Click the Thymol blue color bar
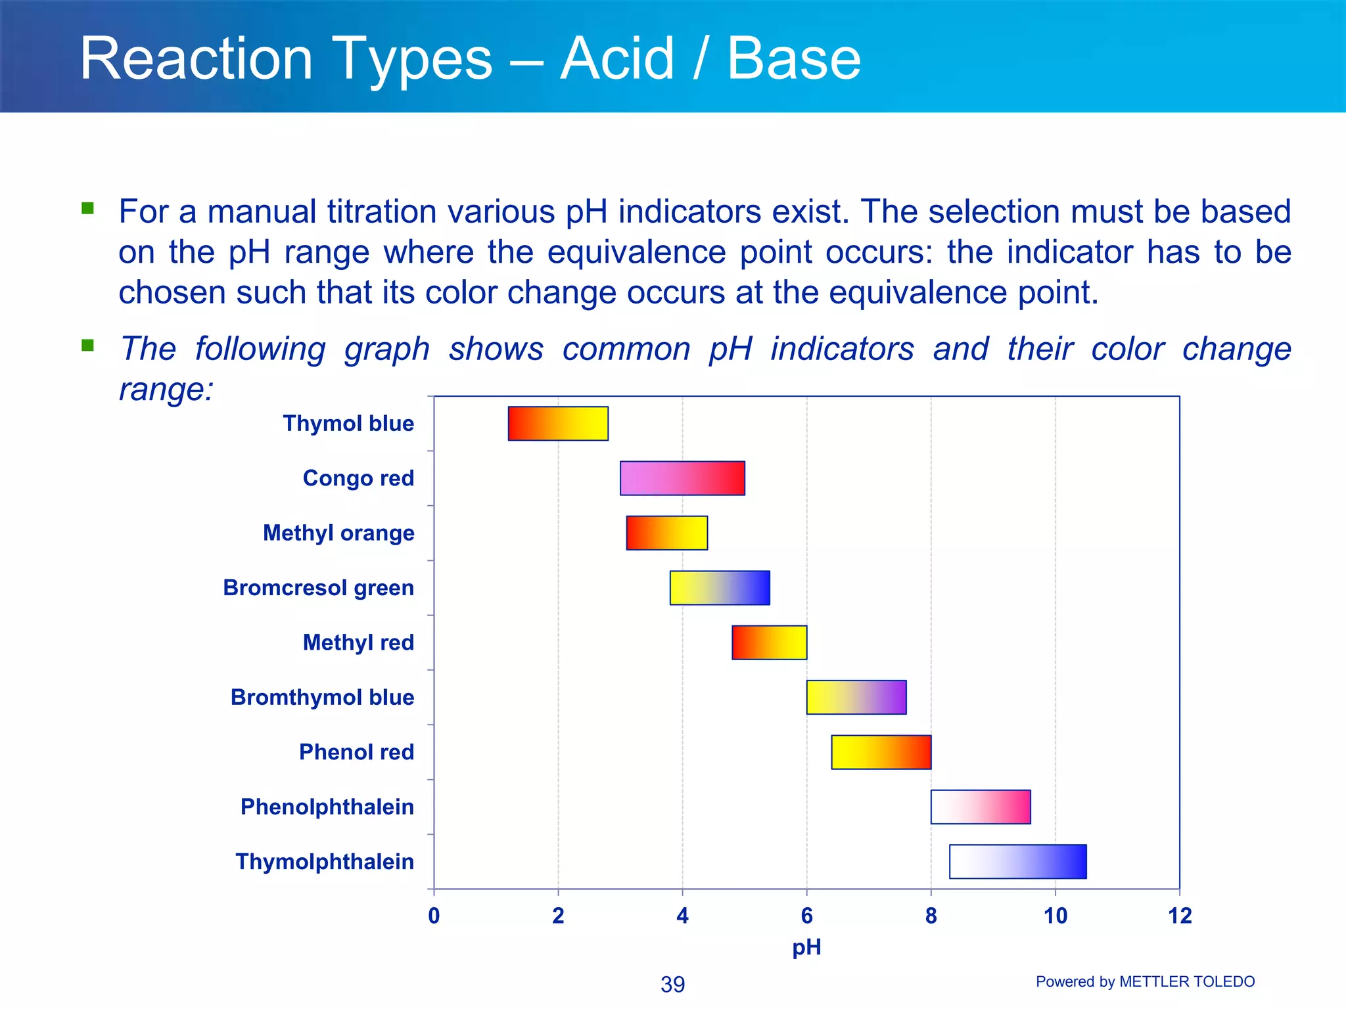[558, 424]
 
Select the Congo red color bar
[682, 478]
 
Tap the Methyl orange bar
[666, 533]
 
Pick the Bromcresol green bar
[720, 588]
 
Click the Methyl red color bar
[769, 642]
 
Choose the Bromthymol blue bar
[856, 697]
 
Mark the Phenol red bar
[881, 752]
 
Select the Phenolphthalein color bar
[981, 807]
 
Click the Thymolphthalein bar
[1018, 861]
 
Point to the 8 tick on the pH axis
[931, 916]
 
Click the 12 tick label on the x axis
[1180, 916]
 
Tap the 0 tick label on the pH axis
[434, 916]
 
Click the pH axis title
[806, 947]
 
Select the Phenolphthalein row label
[327, 807]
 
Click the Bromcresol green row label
[318, 588]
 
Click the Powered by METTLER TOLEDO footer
[1145, 981]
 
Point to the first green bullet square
[87, 208]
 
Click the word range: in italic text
[166, 390]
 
